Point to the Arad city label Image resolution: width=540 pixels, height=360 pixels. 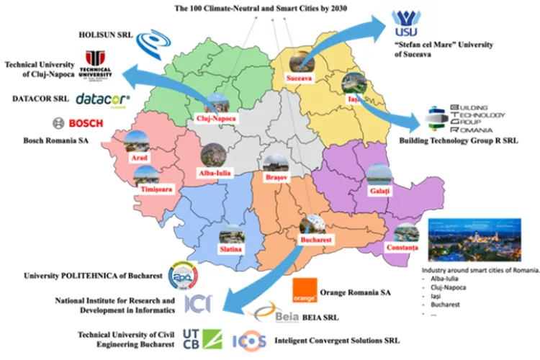coord(138,157)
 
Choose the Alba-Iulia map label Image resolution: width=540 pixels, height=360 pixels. coord(214,172)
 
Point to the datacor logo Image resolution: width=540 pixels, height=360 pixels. coord(102,98)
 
